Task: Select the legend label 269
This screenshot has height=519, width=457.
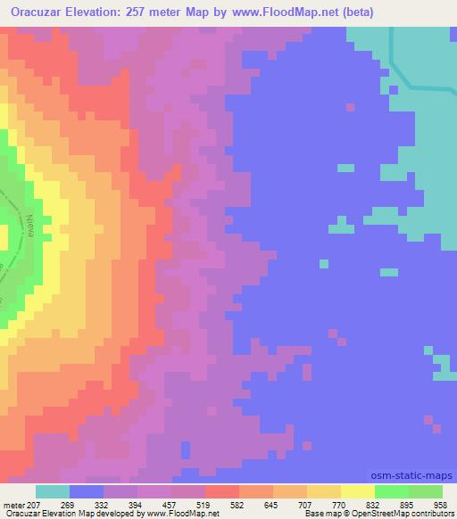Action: pyautogui.click(x=87, y=506)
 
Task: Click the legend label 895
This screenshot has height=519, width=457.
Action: pyautogui.click(x=425, y=506)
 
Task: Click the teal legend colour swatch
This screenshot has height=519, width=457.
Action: pyautogui.click(x=53, y=491)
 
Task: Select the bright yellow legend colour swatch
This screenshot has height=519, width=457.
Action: pyautogui.click(x=358, y=491)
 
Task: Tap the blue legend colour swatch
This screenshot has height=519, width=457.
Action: pyautogui.click(x=87, y=491)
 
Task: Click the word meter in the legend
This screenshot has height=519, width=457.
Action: pyautogui.click(x=13, y=506)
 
